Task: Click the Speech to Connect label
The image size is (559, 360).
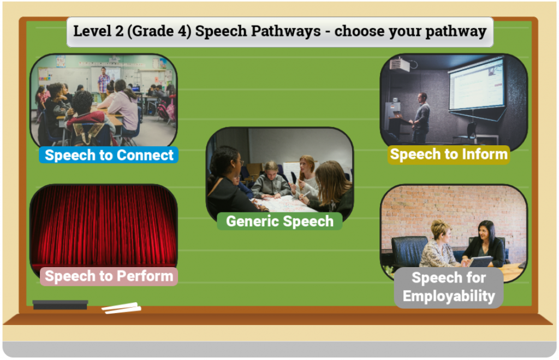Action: coord(109,155)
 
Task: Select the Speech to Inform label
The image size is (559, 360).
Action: coord(449,155)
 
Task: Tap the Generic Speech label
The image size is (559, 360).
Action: coord(280,221)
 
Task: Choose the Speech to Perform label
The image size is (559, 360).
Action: coord(109,276)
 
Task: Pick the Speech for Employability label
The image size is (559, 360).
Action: coord(449,287)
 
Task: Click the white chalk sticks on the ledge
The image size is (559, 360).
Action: coord(121,308)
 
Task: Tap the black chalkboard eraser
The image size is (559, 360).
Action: coord(60,305)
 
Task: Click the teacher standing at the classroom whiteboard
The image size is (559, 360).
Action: coord(103,84)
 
